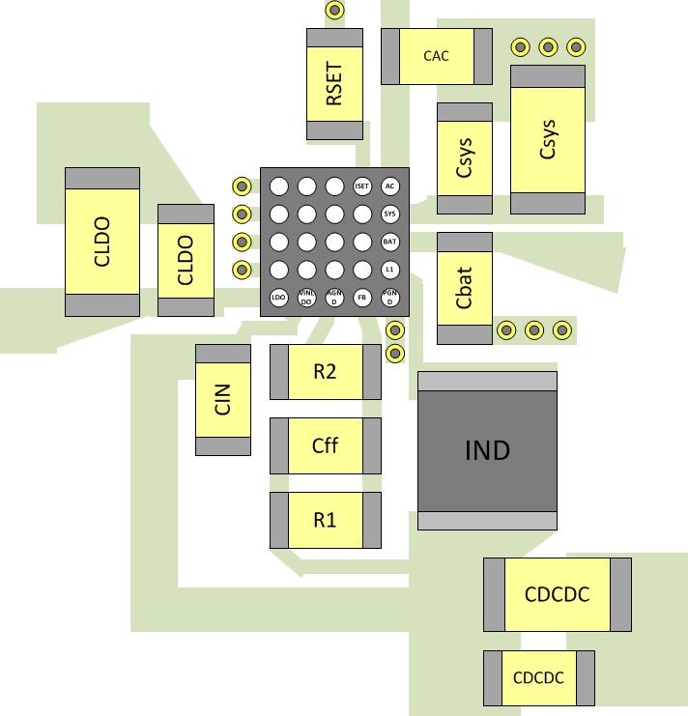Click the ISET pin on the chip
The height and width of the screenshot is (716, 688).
tap(362, 186)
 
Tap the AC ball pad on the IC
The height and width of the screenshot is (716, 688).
tap(390, 186)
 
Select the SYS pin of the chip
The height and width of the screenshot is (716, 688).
tap(390, 214)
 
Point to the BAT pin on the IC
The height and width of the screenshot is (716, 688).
tap(390, 242)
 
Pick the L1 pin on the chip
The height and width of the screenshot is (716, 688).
tap(390, 270)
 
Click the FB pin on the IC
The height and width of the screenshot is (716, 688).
tap(362, 298)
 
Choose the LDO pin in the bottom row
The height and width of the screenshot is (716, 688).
tap(278, 298)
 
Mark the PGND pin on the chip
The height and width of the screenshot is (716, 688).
tap(390, 298)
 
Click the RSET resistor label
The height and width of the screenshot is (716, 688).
tap(334, 84)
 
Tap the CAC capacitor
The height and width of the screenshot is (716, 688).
tap(437, 56)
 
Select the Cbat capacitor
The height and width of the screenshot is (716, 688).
tap(465, 288)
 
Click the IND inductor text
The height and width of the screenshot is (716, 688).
tap(487, 450)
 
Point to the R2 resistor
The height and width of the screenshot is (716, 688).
tap(325, 372)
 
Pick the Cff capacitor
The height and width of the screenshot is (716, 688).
tap(325, 445)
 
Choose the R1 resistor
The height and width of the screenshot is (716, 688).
tap(325, 520)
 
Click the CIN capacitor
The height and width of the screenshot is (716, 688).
tap(223, 399)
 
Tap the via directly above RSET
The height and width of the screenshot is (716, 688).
tap(334, 11)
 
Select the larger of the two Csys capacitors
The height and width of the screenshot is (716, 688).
tap(548, 139)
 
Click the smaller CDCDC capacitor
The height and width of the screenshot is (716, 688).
tap(538, 677)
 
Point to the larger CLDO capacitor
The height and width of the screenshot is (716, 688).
tap(102, 242)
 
